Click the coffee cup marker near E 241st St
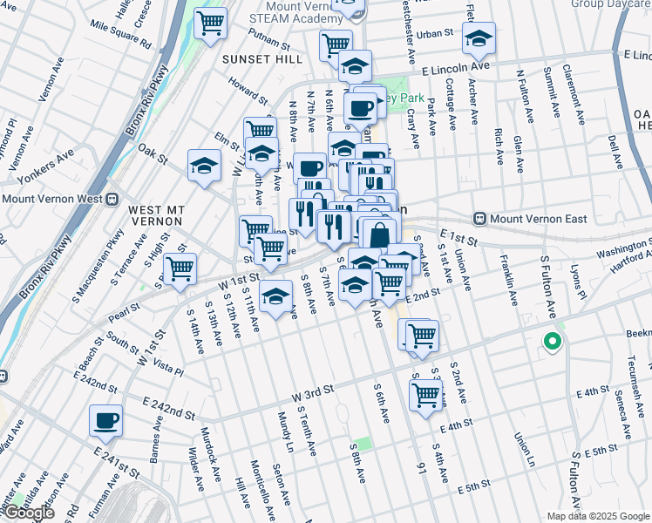tap(106, 421)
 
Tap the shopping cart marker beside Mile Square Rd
tap(210, 24)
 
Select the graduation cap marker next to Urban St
tap(479, 38)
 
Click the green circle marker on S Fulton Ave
tap(551, 342)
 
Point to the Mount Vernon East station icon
tap(479, 218)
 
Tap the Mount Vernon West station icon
tap(112, 198)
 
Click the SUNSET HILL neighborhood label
tap(261, 59)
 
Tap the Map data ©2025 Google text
tap(597, 516)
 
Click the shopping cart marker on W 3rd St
tap(425, 394)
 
